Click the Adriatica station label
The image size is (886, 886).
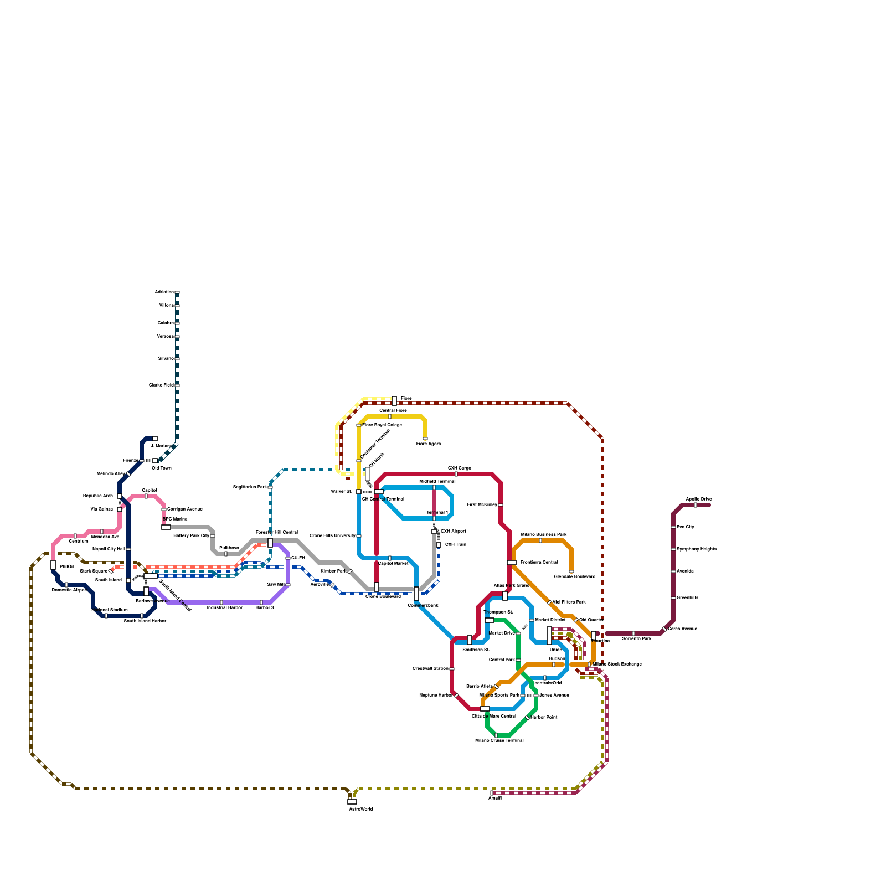[164, 292]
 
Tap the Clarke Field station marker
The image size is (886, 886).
[177, 385]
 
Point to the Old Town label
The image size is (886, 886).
[162, 468]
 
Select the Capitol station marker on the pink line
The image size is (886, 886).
[146, 496]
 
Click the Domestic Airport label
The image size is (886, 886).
[69, 590]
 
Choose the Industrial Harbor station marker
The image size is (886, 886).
[221, 602]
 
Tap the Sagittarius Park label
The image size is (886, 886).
[250, 487]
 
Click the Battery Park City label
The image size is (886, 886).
[191, 535]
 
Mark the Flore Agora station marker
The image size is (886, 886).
[425, 439]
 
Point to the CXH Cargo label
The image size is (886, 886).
[460, 468]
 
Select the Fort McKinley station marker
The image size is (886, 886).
[501, 505]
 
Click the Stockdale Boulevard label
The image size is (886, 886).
[574, 576]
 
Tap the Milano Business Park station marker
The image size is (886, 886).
[540, 540]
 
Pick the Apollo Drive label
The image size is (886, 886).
[699, 499]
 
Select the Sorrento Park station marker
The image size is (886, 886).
[633, 633]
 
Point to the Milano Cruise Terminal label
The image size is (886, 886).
[499, 740]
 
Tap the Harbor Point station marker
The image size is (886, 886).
[527, 718]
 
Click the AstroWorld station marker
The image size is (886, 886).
[352, 801]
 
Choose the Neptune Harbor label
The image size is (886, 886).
[436, 695]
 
